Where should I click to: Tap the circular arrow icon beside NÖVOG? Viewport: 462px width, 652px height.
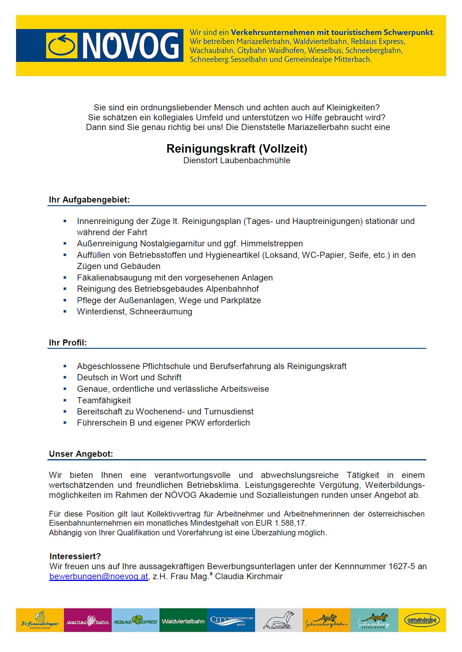click(x=62, y=45)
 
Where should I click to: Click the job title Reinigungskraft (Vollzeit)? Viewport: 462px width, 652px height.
click(x=237, y=149)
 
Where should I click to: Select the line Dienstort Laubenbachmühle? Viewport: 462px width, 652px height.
click(x=237, y=161)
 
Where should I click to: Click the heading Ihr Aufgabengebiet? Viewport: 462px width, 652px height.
click(x=89, y=200)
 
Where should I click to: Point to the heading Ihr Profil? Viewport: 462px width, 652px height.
click(x=68, y=343)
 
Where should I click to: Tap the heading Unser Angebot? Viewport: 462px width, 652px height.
click(x=81, y=454)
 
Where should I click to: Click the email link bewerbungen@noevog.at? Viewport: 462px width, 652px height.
click(x=99, y=576)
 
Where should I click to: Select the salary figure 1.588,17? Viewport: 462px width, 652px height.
click(x=290, y=523)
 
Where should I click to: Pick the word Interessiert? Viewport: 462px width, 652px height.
click(x=75, y=556)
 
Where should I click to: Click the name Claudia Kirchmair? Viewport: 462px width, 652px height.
click(x=249, y=576)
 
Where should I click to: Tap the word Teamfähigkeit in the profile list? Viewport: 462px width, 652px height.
click(x=104, y=401)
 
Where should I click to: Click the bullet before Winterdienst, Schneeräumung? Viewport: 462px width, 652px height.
click(x=65, y=312)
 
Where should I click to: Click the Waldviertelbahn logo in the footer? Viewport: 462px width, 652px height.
click(x=183, y=621)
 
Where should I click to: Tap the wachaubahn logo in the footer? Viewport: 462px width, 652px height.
click(x=88, y=621)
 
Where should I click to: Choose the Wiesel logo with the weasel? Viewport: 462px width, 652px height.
click(x=279, y=621)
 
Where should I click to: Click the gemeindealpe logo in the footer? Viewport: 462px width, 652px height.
click(x=422, y=621)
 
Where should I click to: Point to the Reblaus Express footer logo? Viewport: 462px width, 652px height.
click(x=135, y=621)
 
